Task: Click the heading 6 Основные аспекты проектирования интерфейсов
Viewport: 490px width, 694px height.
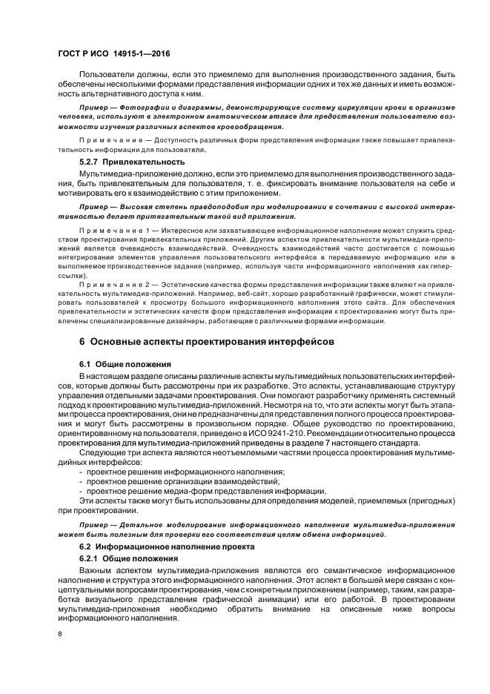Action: coord(207,342)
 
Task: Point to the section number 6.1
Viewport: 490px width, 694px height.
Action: coord(85,365)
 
